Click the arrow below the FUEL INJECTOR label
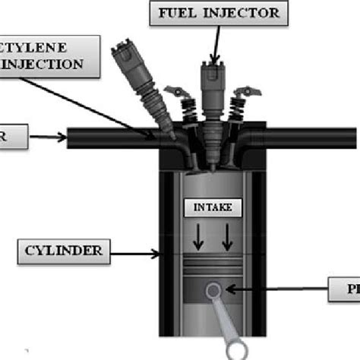pos(216,46)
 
